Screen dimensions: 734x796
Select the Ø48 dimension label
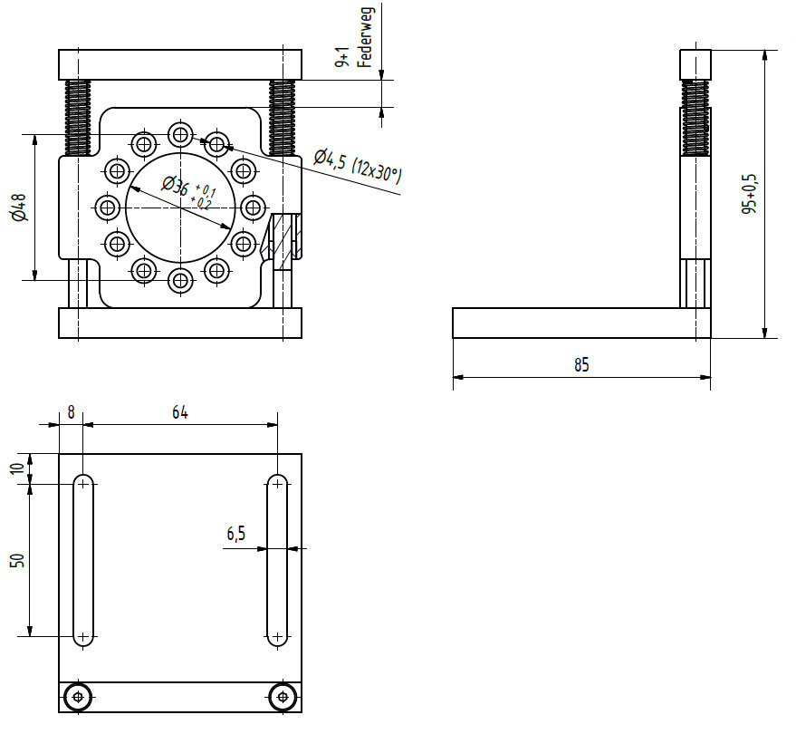pyautogui.click(x=18, y=208)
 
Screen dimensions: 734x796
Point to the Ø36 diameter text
pyautogui.click(x=176, y=185)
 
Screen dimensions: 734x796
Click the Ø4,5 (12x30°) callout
pyautogui.click(x=357, y=167)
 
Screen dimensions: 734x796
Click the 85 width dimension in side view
pyautogui.click(x=580, y=364)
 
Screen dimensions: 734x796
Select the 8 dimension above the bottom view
pyautogui.click(x=71, y=412)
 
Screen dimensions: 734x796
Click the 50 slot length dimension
pyautogui.click(x=18, y=560)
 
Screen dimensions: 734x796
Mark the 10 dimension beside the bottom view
pyautogui.click(x=18, y=468)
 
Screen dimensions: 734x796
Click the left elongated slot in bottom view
pyautogui.click(x=83, y=560)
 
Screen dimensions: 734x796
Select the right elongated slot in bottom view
pyautogui.click(x=277, y=560)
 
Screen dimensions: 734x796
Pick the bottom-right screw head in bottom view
pyautogui.click(x=283, y=696)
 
